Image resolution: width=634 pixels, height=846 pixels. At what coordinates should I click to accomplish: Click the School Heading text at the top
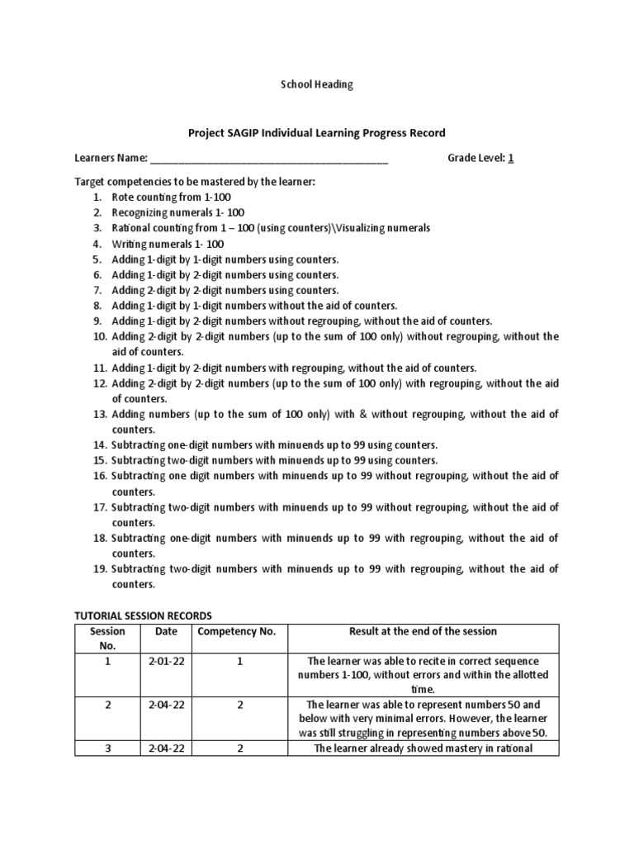[x=317, y=84]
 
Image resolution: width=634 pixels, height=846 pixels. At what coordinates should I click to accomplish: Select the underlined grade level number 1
[x=511, y=158]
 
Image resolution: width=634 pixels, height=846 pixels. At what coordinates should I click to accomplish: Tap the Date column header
[x=166, y=631]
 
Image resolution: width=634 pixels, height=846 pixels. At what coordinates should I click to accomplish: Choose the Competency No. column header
[x=236, y=631]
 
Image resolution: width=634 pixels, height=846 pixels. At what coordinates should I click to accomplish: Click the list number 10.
[x=99, y=336]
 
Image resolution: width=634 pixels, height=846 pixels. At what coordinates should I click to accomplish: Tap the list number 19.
[x=99, y=568]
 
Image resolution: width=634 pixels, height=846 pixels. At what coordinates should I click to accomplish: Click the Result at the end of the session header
[x=423, y=631]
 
